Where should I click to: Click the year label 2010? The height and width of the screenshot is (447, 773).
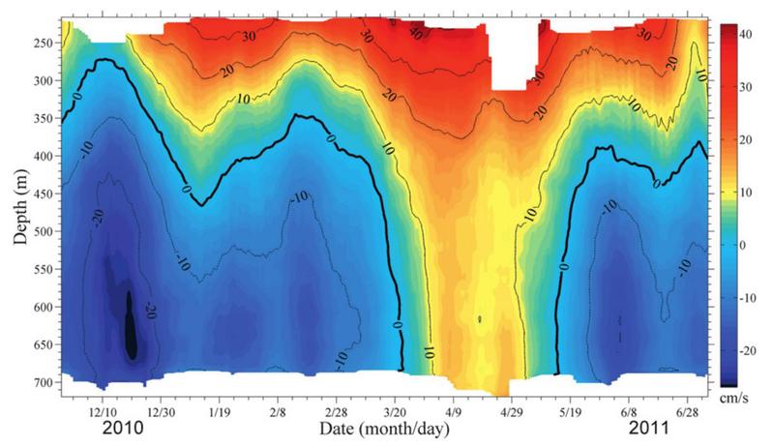(x=123, y=429)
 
